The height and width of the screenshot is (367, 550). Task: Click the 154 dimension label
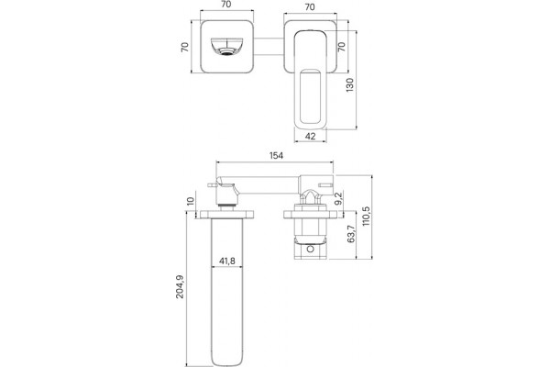pos(276,155)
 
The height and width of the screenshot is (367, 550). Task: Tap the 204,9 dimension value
pos(180,286)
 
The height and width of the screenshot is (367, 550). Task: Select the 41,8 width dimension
pos(227,261)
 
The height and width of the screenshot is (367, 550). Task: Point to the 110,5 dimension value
pos(367,215)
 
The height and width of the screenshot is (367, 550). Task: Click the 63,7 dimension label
pos(351,234)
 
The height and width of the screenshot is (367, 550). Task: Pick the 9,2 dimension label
pos(339,198)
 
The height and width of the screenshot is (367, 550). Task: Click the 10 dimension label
pos(190,201)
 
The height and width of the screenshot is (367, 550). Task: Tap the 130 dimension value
pos(350,85)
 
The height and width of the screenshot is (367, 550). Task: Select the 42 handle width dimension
pos(311,136)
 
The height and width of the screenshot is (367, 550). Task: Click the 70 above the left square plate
pos(226,5)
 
